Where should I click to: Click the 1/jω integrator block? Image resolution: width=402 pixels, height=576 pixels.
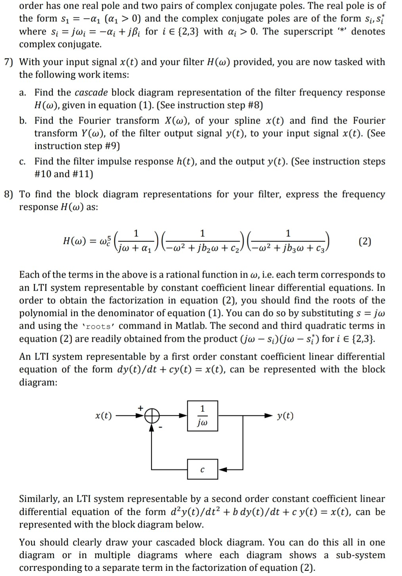202,416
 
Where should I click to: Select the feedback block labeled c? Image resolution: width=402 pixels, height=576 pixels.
202,470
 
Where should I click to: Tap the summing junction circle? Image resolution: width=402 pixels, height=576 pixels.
152,416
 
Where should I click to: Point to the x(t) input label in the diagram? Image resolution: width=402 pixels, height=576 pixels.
103,416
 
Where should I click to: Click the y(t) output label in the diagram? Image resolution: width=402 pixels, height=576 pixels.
285,416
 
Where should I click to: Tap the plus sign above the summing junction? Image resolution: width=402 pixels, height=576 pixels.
140,407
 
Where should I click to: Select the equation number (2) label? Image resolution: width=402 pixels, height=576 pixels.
364,241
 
